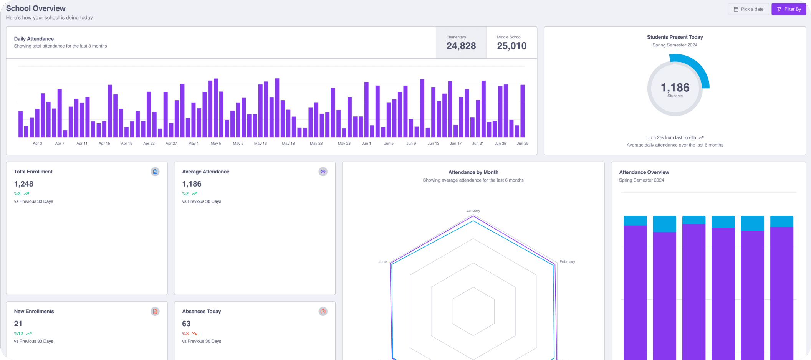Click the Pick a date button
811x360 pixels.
click(x=748, y=9)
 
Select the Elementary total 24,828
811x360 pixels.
click(x=461, y=46)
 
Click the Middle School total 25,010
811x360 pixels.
click(x=512, y=46)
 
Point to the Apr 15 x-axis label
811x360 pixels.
click(x=104, y=144)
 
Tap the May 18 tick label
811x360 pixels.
click(x=288, y=144)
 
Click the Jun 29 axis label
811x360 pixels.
click(x=523, y=144)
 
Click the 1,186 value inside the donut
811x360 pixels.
click(x=675, y=88)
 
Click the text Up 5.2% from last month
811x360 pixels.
click(x=671, y=137)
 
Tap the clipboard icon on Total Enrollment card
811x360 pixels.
click(x=155, y=172)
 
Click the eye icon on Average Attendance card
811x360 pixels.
click(x=323, y=172)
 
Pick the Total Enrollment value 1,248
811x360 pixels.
click(x=24, y=184)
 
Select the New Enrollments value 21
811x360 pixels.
click(x=18, y=324)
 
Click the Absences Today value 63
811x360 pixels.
click(x=186, y=324)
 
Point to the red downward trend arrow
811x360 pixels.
click(x=195, y=334)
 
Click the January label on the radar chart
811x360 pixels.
click(x=473, y=211)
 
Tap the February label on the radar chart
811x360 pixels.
click(x=567, y=262)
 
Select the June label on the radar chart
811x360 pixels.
click(x=382, y=262)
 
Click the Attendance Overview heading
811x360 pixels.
click(x=644, y=172)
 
